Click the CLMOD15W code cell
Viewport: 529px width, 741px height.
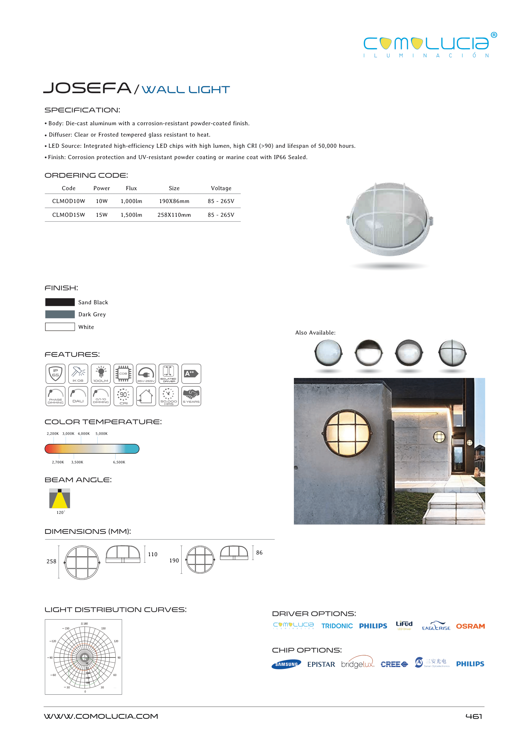[68, 215]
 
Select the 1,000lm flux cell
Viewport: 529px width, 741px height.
[131, 201]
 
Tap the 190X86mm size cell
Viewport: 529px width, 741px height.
[174, 201]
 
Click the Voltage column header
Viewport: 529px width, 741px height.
[221, 188]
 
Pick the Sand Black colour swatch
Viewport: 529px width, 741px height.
[60, 302]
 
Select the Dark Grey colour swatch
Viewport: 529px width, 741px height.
[60, 315]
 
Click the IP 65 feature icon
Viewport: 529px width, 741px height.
[55, 374]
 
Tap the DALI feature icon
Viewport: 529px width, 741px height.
[78, 396]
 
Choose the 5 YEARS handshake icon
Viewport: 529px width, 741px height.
[191, 396]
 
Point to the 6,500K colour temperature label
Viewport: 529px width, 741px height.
[119, 462]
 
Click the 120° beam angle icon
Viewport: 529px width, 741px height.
[60, 498]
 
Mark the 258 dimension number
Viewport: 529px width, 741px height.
[51, 561]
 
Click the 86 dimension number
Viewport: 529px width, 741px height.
[259, 553]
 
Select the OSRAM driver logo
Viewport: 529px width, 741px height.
[470, 626]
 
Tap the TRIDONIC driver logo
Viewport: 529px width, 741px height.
[337, 626]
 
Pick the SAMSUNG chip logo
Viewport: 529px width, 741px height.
[286, 664]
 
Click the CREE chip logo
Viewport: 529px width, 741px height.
[394, 664]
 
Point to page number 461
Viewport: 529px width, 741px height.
[474, 716]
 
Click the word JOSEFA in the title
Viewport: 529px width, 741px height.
[87, 88]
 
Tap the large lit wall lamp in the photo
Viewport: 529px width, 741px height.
[347, 434]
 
